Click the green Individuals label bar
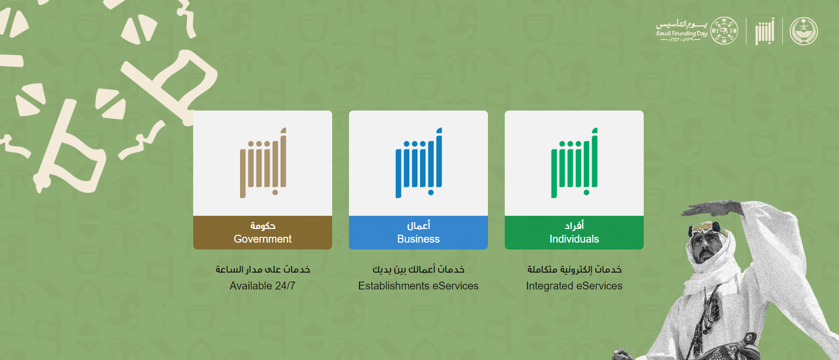point(574,232)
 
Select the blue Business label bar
point(418,232)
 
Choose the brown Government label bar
point(262,232)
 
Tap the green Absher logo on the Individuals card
point(574,163)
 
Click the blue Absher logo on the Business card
point(418,163)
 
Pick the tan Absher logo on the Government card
point(263,163)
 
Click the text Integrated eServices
point(574,286)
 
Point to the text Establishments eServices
point(418,286)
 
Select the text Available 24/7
point(262,286)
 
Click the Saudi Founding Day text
point(682,33)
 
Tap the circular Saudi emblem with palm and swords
point(804,31)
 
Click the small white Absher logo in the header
point(764,31)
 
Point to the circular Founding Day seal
point(724,31)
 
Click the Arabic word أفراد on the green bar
point(574,225)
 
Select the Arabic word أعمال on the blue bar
point(418,225)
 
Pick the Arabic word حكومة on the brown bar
point(263,225)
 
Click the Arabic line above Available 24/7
point(263,269)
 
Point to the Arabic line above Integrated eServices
point(574,269)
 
